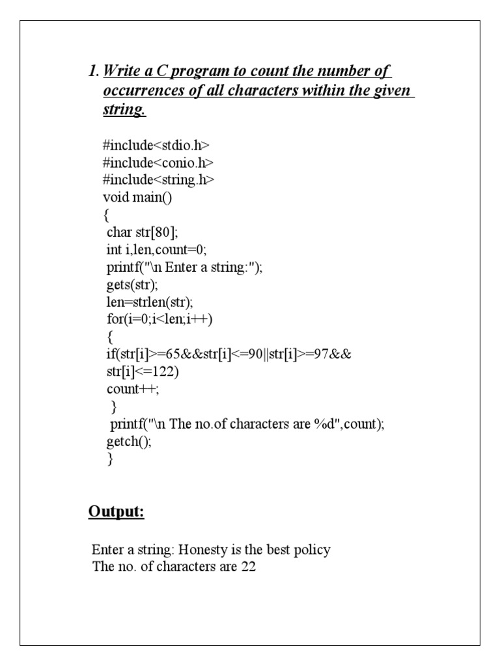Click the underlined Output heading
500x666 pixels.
[x=116, y=513]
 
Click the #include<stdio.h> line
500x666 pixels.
[x=156, y=145]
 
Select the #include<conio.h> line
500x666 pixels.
[x=158, y=162]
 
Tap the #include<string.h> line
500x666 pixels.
[x=158, y=180]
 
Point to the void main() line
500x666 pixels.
[x=137, y=197]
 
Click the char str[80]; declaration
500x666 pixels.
[x=142, y=232]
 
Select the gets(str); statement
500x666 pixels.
[x=132, y=285]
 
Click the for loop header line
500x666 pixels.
[x=160, y=319]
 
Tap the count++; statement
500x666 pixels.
[x=133, y=389]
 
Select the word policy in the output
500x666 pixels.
[x=311, y=550]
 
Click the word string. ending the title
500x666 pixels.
[x=124, y=110]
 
